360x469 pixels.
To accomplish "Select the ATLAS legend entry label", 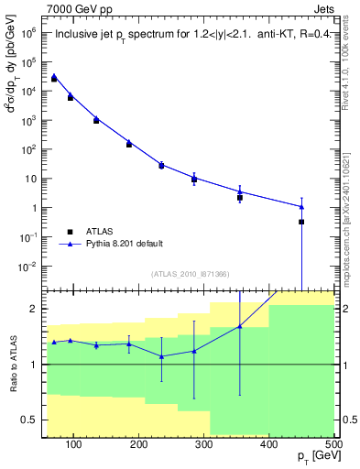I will click(x=103, y=231).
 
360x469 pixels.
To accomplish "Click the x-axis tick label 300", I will click(x=268, y=445).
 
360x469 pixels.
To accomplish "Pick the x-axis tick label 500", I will click(x=333, y=445).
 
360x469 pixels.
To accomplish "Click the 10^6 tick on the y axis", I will click(x=29, y=33).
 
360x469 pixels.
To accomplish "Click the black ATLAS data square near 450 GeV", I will click(x=301, y=222).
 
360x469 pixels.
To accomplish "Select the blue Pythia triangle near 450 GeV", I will click(x=301, y=206).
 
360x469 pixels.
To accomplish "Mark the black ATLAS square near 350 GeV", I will click(x=240, y=197).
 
